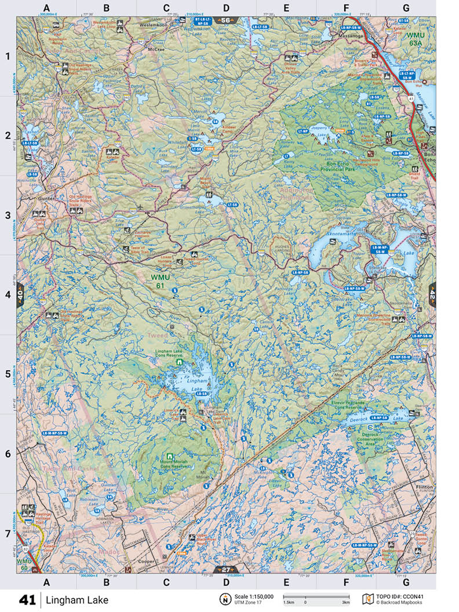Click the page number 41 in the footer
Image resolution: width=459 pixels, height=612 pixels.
27,599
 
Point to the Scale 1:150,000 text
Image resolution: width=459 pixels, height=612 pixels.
254,596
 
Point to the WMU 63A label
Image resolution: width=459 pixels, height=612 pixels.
416,39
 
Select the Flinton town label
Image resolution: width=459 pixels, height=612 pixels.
424,487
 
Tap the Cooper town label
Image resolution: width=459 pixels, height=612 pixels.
145,562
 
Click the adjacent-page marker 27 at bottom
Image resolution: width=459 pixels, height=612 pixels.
224,569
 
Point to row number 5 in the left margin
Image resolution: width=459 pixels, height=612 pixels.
8,374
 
